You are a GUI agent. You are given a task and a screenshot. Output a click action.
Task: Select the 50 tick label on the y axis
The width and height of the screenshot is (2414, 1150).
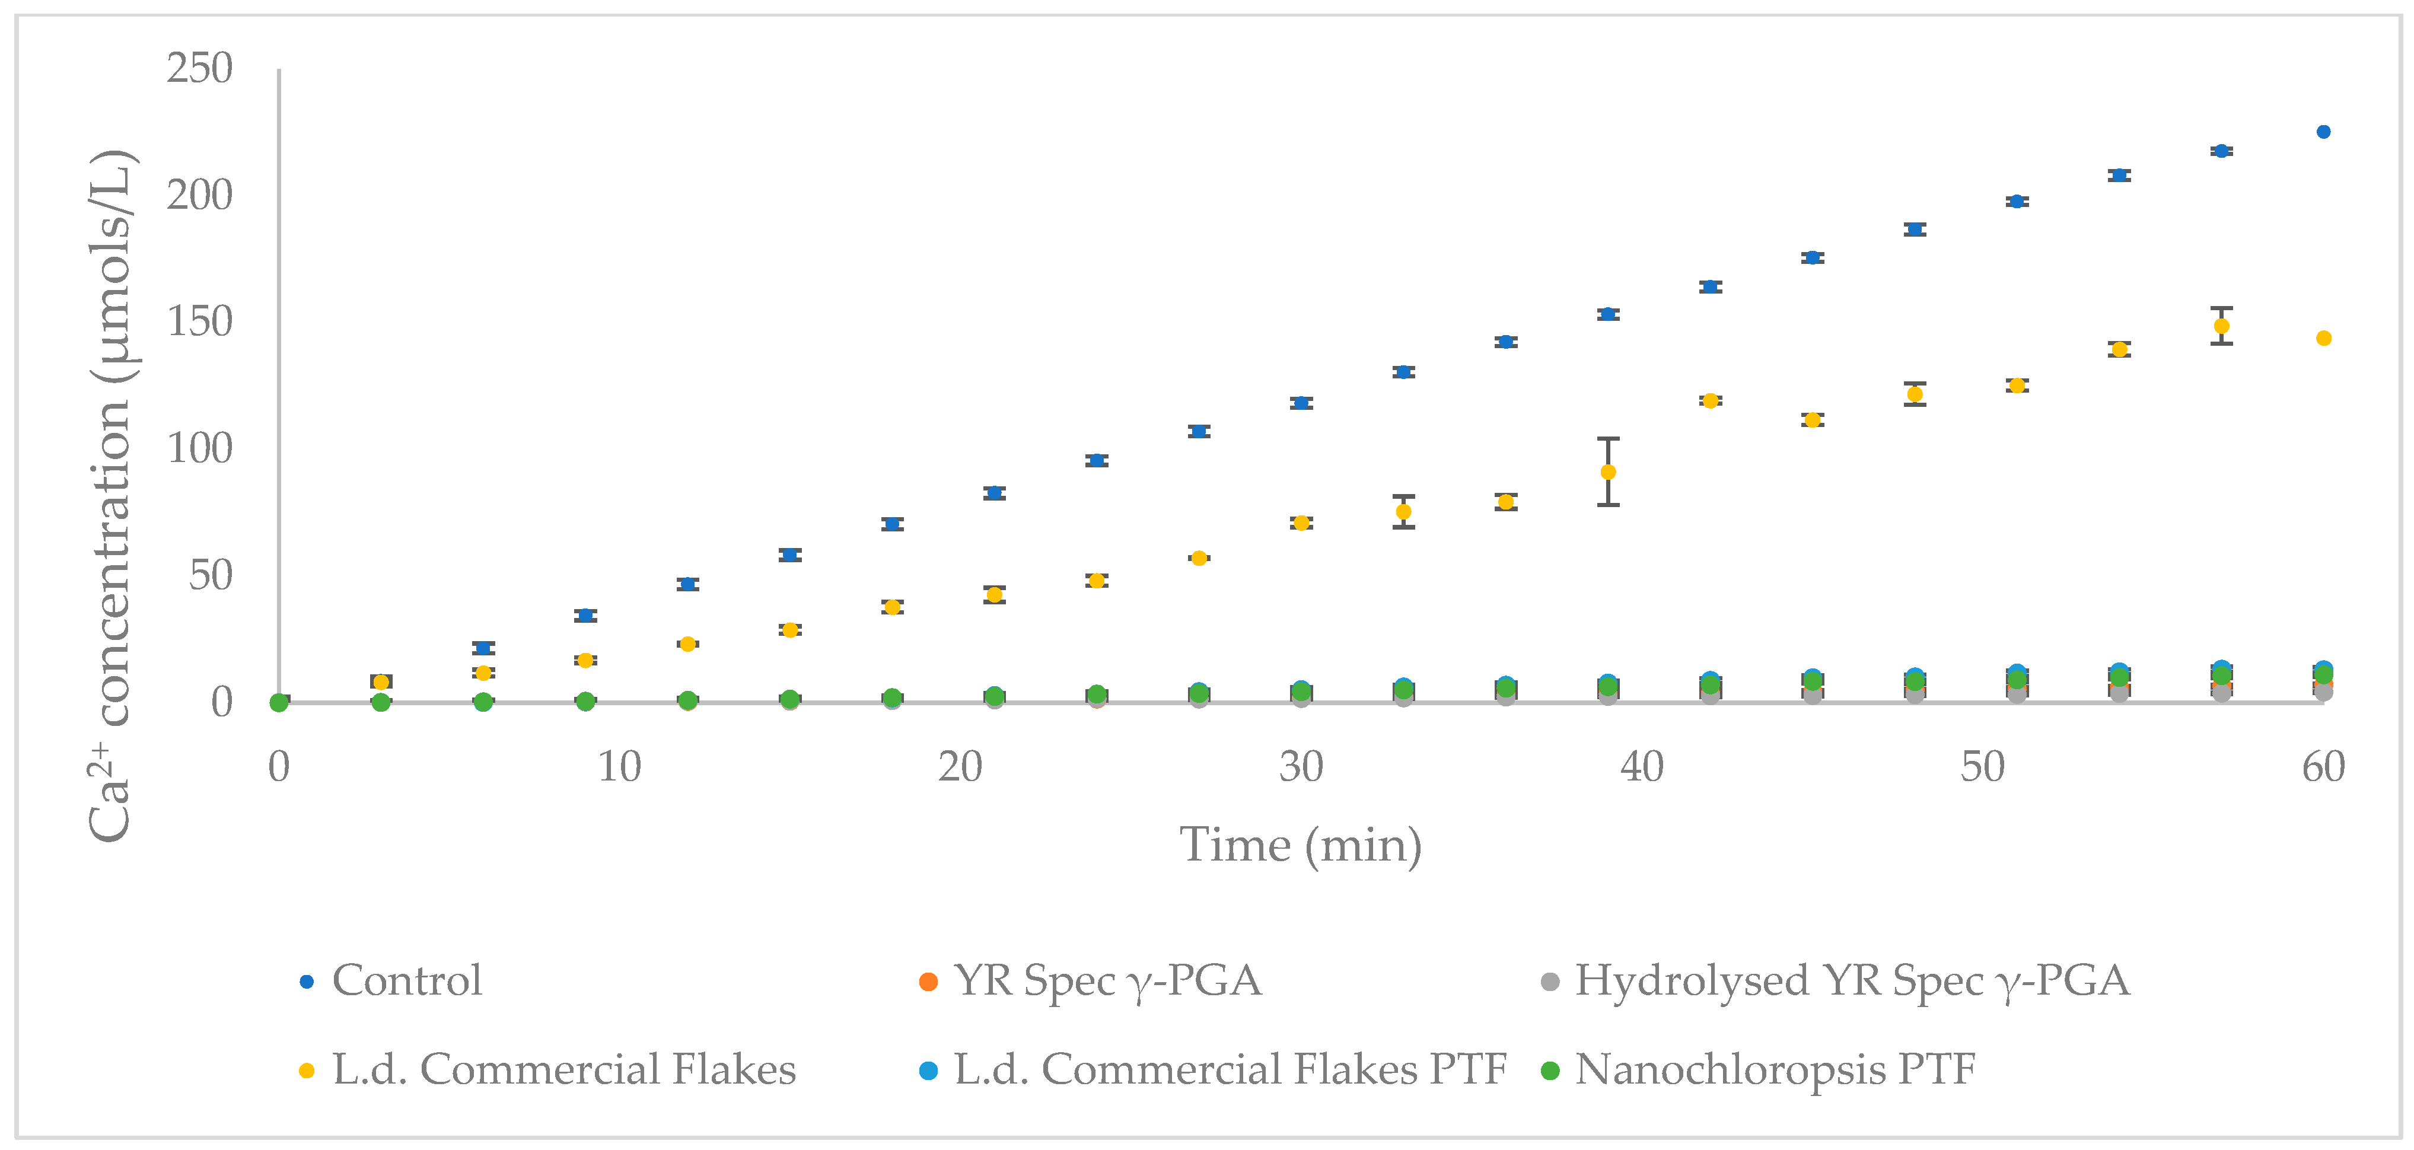coord(210,575)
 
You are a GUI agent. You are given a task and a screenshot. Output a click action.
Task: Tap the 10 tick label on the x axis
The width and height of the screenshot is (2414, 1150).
coord(619,767)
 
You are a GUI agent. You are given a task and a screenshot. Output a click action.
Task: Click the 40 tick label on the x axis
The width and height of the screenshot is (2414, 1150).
coord(1642,767)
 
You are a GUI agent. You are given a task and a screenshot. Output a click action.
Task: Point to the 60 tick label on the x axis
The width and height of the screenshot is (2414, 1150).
coord(2323,767)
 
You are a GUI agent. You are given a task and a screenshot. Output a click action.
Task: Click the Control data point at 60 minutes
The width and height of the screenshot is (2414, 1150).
coord(2323,132)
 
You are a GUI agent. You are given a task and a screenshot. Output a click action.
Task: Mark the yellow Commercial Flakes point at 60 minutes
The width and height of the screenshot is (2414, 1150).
coord(2323,338)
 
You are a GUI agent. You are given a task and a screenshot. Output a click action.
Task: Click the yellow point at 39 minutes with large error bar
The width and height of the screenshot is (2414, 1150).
coord(1608,472)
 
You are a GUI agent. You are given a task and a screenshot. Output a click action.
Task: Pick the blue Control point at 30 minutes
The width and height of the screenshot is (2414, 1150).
coord(1301,403)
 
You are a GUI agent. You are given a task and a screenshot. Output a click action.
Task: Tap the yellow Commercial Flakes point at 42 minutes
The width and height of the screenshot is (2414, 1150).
coord(1710,401)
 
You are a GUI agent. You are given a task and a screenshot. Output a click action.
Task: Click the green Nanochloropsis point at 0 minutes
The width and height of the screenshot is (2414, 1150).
coord(278,703)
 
